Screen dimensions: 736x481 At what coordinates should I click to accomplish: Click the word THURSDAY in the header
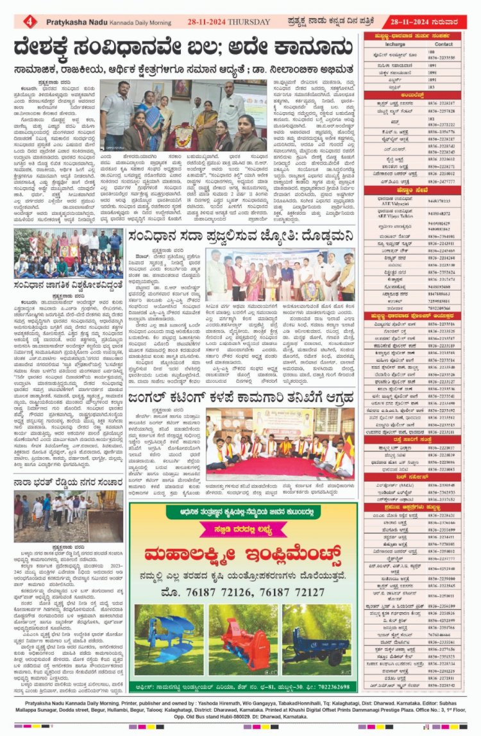249,22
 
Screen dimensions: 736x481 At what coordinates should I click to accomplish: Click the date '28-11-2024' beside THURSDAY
203,22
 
